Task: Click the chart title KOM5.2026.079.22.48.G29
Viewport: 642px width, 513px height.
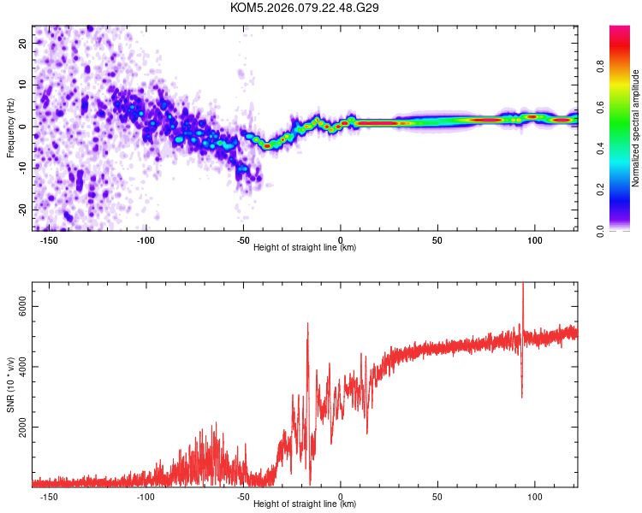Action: pyautogui.click(x=305, y=8)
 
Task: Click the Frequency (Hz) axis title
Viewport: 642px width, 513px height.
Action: pyautogui.click(x=11, y=127)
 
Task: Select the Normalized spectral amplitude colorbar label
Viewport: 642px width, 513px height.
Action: pyautogui.click(x=636, y=128)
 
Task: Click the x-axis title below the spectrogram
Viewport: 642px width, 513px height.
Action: pyautogui.click(x=305, y=248)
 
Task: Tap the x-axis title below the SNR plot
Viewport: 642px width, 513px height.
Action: pyautogui.click(x=305, y=504)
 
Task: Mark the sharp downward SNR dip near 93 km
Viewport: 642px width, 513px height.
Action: pyautogui.click(x=522, y=395)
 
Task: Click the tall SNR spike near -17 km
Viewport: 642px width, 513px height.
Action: pyautogui.click(x=307, y=325)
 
